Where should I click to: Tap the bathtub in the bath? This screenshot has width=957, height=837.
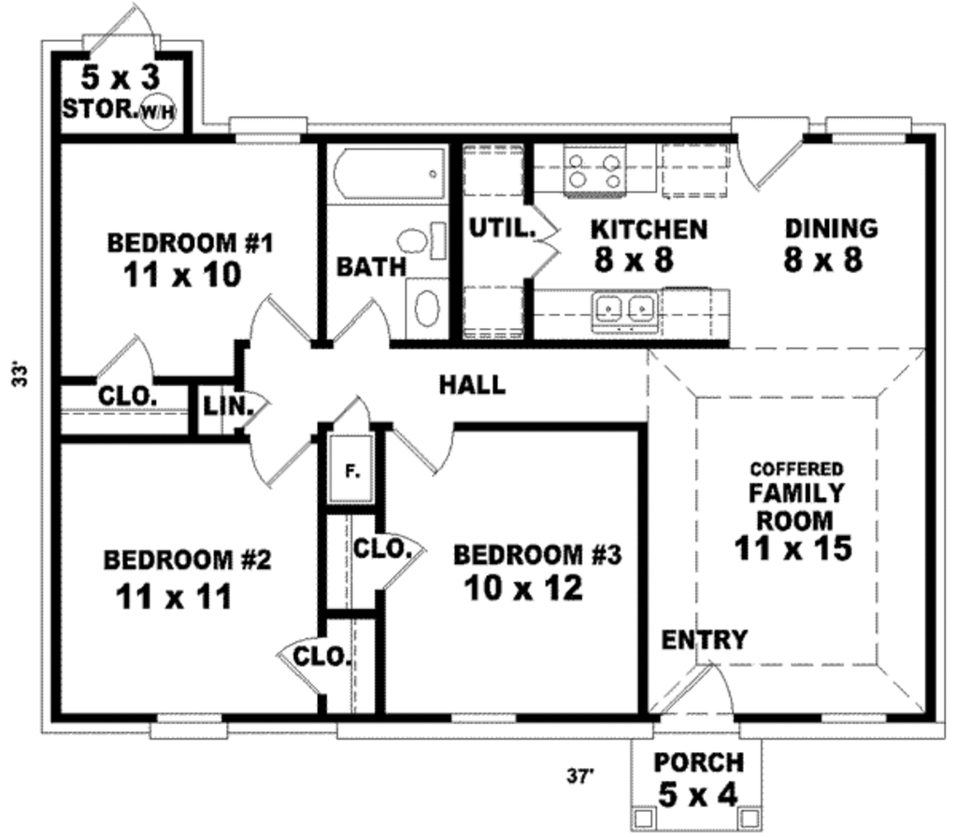[387, 174]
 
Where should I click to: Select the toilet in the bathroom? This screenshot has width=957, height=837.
[416, 240]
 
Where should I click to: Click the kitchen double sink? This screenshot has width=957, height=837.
[625, 306]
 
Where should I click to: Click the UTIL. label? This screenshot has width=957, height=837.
[501, 227]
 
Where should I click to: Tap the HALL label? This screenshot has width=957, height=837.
[472, 384]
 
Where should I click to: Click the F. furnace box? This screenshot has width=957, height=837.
[353, 470]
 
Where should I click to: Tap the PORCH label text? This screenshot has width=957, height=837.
[698, 762]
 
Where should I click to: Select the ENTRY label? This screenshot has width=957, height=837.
[705, 640]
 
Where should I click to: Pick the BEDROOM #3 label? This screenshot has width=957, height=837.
[536, 555]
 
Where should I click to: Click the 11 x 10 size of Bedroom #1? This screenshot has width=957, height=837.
[181, 275]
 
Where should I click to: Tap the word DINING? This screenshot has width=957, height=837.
[831, 228]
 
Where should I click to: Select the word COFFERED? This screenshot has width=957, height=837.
[796, 469]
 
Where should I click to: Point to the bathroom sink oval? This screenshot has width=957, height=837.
[426, 307]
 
